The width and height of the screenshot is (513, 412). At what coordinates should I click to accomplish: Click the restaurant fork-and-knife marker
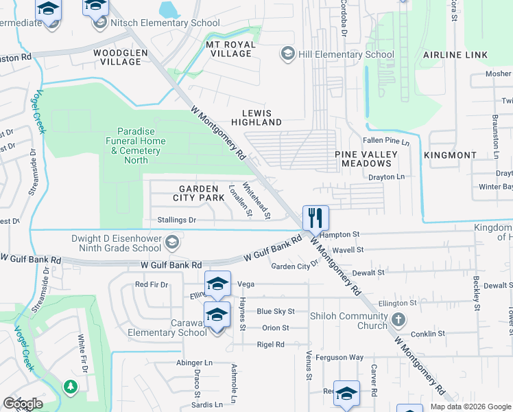tap(315, 218)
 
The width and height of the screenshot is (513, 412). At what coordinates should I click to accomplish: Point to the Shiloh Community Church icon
tap(398, 319)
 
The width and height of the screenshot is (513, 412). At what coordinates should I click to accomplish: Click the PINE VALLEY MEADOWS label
tap(363, 159)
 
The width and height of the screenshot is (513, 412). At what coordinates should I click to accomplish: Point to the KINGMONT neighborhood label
tap(449, 155)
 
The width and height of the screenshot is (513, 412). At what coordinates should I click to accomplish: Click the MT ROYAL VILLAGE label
tap(230, 49)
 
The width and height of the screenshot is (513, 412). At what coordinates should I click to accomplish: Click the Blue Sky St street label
tap(275, 311)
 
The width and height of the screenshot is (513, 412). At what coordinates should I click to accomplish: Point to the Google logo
tap(23, 403)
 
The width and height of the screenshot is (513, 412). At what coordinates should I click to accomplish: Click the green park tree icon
tap(70, 387)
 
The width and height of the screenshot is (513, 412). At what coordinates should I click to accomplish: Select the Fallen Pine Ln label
tap(387, 142)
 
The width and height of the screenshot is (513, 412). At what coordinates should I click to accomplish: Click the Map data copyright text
tap(470, 407)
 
